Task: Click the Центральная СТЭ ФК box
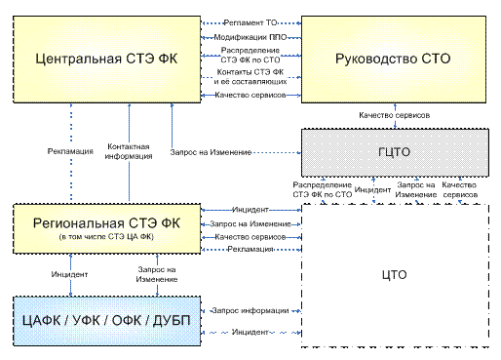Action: click(x=106, y=60)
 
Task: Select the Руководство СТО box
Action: click(x=394, y=60)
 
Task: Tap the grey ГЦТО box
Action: click(x=395, y=152)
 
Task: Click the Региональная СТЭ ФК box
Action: click(x=106, y=228)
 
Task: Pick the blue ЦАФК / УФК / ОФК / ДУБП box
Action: click(x=106, y=321)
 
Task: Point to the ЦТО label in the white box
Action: click(x=394, y=275)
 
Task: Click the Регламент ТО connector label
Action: click(x=250, y=22)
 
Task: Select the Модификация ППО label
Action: click(x=250, y=37)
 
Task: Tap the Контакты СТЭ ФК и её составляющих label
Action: click(x=250, y=77)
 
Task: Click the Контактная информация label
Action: click(x=129, y=151)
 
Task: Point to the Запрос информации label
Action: click(x=250, y=311)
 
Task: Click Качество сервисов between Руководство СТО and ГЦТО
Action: click(x=395, y=115)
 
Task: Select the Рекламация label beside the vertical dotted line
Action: click(x=70, y=151)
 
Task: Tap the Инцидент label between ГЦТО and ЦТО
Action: click(x=372, y=190)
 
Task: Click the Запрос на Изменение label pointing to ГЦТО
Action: click(x=211, y=152)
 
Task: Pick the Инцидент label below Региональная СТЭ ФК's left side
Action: click(x=69, y=274)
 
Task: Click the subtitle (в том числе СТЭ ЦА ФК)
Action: click(x=106, y=237)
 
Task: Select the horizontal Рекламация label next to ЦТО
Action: click(x=250, y=249)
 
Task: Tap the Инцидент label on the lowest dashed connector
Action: click(x=250, y=332)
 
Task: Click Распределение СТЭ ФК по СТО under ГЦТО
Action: click(x=323, y=190)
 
